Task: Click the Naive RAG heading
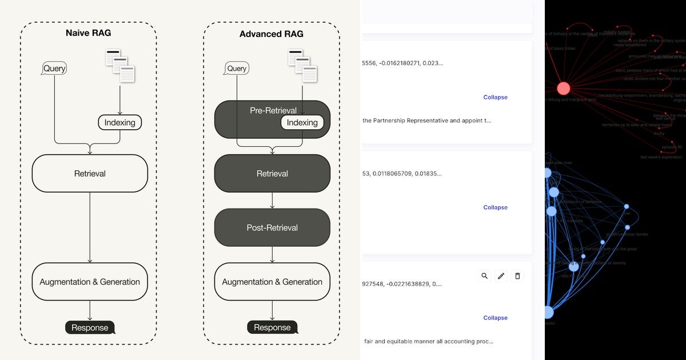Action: (x=89, y=34)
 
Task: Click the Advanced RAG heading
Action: (x=272, y=34)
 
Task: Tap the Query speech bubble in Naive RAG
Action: (x=55, y=69)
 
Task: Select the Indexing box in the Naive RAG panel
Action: (x=119, y=122)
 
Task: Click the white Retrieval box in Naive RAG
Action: (x=90, y=173)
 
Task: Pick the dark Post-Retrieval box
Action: (x=272, y=227)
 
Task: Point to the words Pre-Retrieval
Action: (x=273, y=110)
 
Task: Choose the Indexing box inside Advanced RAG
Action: (x=302, y=122)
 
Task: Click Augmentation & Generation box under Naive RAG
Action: (x=90, y=282)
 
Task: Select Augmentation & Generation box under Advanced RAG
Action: (x=272, y=282)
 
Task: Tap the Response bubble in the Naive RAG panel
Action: (x=90, y=327)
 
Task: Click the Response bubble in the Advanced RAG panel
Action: (x=272, y=327)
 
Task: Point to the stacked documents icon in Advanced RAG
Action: (x=302, y=65)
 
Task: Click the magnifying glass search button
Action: (x=485, y=276)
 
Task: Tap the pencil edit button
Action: (x=501, y=276)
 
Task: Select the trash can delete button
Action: (x=518, y=276)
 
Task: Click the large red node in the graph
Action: (x=564, y=88)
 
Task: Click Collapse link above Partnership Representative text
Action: (x=495, y=97)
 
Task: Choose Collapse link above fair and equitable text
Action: (x=495, y=318)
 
